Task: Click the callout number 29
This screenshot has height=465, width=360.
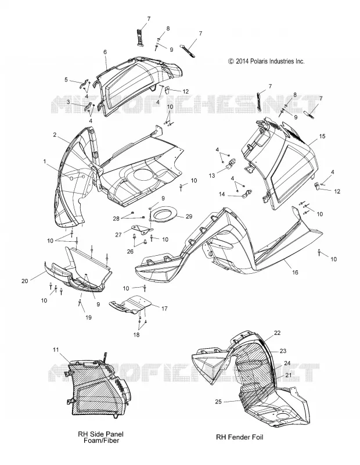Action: pyautogui.click(x=189, y=216)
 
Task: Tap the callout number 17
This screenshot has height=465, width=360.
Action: pyautogui.click(x=164, y=309)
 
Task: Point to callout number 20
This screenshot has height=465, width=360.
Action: pyautogui.click(x=24, y=281)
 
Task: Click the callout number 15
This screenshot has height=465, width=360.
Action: pyautogui.click(x=322, y=136)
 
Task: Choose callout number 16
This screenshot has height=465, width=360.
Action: pyautogui.click(x=295, y=272)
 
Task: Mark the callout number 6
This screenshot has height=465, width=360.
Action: pyautogui.click(x=105, y=52)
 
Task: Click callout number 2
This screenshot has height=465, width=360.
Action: pyautogui.click(x=55, y=135)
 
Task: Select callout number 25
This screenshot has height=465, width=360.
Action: pyautogui.click(x=218, y=402)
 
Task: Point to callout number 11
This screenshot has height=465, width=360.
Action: pyautogui.click(x=56, y=350)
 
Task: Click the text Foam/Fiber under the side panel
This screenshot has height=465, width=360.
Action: pyautogui.click(x=101, y=441)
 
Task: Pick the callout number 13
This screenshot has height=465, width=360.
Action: pyautogui.click(x=212, y=176)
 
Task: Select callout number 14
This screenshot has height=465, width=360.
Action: pyautogui.click(x=222, y=194)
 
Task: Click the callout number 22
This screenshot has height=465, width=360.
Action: pyautogui.click(x=277, y=332)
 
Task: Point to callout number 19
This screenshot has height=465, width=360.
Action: pyautogui.click(x=88, y=317)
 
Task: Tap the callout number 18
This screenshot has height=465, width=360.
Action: pyautogui.click(x=136, y=335)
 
